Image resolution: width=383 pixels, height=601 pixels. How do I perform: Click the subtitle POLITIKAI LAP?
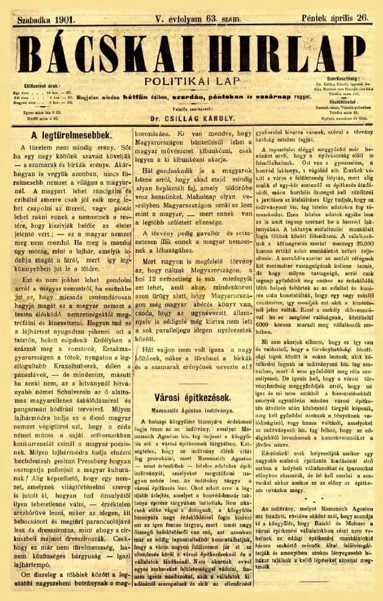pyautogui.click(x=192, y=80)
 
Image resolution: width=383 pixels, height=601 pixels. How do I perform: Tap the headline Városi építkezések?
pyautogui.click(x=192, y=397)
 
